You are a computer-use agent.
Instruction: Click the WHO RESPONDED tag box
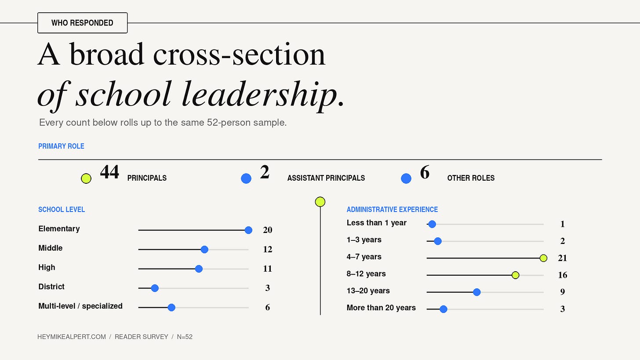pos(82,23)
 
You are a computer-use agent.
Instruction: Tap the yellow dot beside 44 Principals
pos(86,178)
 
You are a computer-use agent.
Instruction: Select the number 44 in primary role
pos(109,172)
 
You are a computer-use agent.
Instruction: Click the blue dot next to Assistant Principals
pos(246,178)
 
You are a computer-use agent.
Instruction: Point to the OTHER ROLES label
pos(471,178)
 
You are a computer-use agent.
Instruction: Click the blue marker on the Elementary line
pos(249,230)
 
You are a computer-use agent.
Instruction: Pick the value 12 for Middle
pos(267,249)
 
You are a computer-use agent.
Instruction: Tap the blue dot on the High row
pos(199,269)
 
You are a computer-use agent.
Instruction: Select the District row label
pos(51,287)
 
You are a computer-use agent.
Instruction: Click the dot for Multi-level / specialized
pos(171,307)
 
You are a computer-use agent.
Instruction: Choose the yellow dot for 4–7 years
pos(543,258)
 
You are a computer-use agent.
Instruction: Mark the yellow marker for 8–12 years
pos(516,275)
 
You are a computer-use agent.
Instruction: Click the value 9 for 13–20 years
pos(563,292)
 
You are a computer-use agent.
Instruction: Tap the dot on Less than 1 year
pos(432,224)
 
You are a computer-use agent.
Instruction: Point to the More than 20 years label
pos(381,308)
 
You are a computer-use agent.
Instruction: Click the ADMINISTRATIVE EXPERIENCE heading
pos(392,209)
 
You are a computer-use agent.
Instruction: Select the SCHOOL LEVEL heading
pos(62,209)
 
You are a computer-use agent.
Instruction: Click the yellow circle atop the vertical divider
pos(320,202)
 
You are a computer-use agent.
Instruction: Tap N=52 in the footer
pos(185,337)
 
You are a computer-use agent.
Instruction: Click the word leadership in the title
pos(260,94)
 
